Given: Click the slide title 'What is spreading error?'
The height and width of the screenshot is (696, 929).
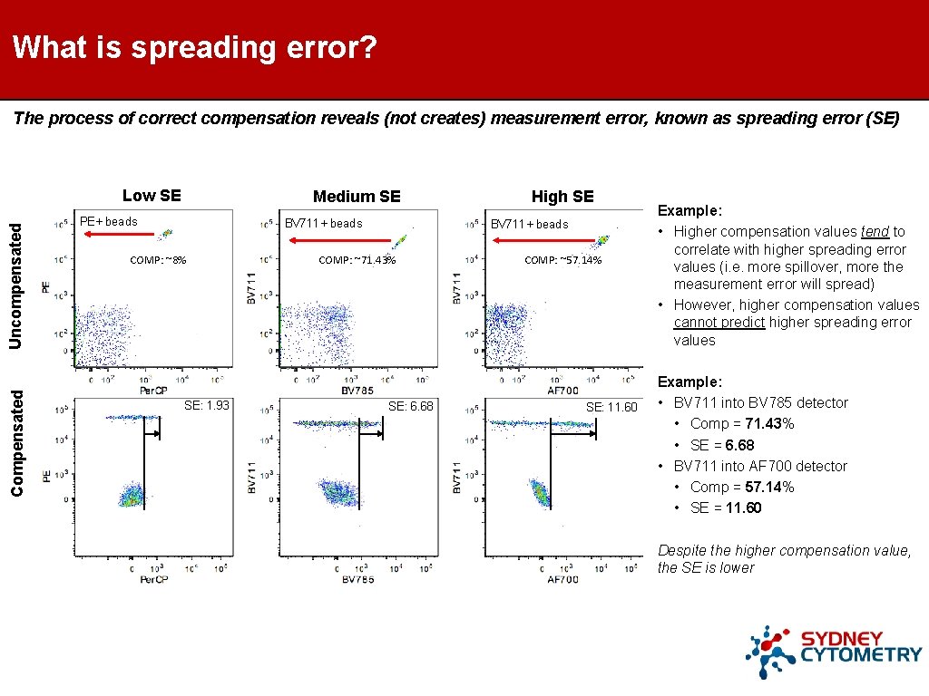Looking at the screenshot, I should click(195, 47).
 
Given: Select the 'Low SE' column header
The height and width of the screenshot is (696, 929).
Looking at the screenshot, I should click(152, 195).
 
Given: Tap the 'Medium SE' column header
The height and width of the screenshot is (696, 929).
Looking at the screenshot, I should click(357, 197).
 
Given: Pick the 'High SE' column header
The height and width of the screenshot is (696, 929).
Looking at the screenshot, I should click(562, 197).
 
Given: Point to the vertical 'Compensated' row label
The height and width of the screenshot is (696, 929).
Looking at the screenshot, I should click(17, 441).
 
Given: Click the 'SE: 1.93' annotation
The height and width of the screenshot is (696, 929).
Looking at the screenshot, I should click(207, 405).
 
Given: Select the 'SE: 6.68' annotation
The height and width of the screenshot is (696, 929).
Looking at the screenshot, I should click(411, 406).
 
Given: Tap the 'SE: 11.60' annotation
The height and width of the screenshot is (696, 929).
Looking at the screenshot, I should click(611, 407).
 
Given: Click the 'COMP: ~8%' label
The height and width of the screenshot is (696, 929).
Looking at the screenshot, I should click(158, 260).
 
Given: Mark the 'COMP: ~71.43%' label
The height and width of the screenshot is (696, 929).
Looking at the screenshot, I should click(357, 260).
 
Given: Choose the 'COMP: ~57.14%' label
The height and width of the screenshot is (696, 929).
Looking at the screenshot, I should click(562, 260).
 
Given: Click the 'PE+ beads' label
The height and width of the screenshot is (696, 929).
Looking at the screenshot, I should click(109, 221).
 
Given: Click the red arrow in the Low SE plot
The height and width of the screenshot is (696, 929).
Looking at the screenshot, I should click(118, 234).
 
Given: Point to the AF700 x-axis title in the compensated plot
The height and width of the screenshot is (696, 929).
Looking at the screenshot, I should click(562, 579).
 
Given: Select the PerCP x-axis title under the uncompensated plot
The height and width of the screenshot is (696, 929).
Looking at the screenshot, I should click(152, 390).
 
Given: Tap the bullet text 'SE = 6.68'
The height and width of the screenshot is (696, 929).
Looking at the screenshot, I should click(721, 445).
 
